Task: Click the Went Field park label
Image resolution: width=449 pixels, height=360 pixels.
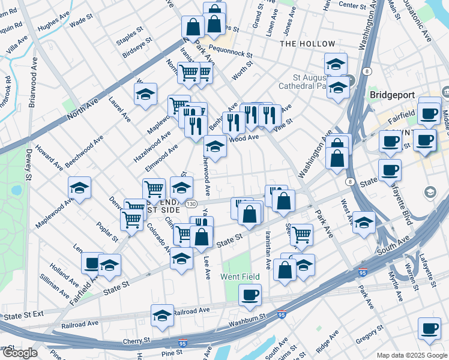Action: point(240,277)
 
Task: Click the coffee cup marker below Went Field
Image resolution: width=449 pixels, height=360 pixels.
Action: point(250,295)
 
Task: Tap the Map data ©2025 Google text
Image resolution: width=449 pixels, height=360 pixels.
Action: point(411,355)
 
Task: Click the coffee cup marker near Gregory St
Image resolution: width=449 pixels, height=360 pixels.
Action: point(429,328)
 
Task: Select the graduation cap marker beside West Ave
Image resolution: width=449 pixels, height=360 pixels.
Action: point(364,222)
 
